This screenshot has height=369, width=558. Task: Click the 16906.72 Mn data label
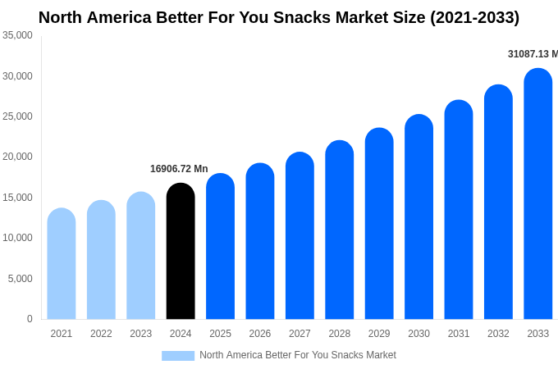point(179,169)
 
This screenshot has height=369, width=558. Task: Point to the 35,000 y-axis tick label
point(17,35)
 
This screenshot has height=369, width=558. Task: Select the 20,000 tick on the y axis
point(17,157)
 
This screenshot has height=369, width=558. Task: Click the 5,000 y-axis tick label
point(20,279)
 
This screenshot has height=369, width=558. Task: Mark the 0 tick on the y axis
point(30,319)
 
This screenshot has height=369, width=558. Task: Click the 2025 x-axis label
point(220,334)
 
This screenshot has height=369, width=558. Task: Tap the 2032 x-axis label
point(498,334)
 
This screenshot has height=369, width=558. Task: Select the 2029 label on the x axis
point(379,334)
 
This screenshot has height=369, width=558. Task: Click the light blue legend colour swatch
point(178,356)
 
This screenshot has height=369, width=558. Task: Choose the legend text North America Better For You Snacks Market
point(297,355)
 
